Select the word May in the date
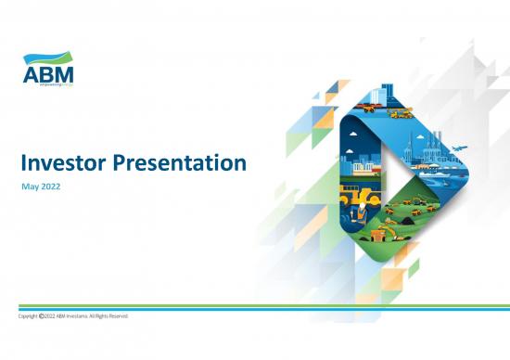pos(30,189)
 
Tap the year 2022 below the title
pos(52,189)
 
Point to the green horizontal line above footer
pos(255,303)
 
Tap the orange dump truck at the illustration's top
pos(369,107)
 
